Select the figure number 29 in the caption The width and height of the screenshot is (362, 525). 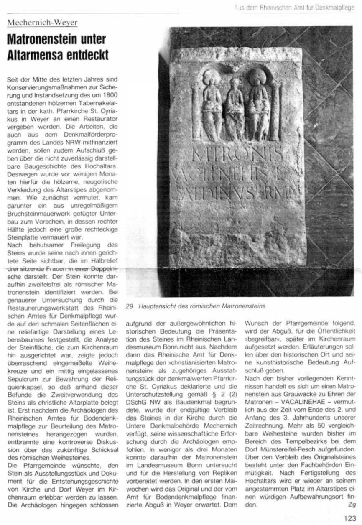click(129, 306)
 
